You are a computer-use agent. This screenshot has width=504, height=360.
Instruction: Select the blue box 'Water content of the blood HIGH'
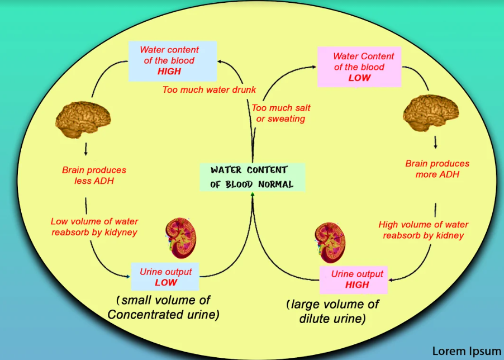coord(169,60)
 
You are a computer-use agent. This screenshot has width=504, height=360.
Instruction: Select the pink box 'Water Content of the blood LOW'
coord(359,67)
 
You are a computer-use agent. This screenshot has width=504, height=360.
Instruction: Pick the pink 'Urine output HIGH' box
coord(357,279)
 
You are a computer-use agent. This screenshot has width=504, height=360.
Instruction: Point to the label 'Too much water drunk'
coord(209,89)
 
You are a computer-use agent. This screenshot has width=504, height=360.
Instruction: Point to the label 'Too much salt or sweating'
coord(281,113)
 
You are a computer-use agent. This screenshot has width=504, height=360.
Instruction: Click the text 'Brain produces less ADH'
coord(94,175)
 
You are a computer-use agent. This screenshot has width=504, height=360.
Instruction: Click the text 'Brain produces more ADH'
coord(437,169)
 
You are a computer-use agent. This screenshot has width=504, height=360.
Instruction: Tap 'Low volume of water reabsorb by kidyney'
coord(94,226)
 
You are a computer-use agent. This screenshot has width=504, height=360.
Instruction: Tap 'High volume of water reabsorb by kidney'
coord(423,230)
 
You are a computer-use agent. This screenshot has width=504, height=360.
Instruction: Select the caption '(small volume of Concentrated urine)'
coord(163,307)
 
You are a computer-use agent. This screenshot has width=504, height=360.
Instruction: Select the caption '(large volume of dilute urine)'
coord(332,311)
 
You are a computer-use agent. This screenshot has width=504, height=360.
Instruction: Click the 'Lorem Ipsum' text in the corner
coord(467,351)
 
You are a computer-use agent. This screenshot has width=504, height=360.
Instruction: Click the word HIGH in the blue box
coord(169,72)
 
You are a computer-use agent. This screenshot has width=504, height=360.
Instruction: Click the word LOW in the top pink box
coord(359,78)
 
